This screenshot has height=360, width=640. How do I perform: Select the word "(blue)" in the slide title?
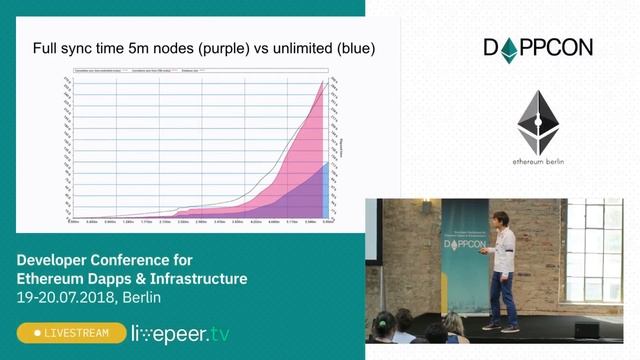click(x=351, y=47)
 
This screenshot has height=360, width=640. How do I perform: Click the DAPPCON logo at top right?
click(x=538, y=47)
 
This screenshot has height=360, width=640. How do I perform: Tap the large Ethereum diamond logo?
click(x=539, y=122)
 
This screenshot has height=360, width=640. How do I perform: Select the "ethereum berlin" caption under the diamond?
click(x=539, y=163)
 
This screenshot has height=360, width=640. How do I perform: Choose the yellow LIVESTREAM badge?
click(x=69, y=332)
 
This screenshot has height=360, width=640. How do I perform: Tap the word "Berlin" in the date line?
click(x=139, y=297)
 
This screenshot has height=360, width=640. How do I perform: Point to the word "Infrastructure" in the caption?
click(x=197, y=278)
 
